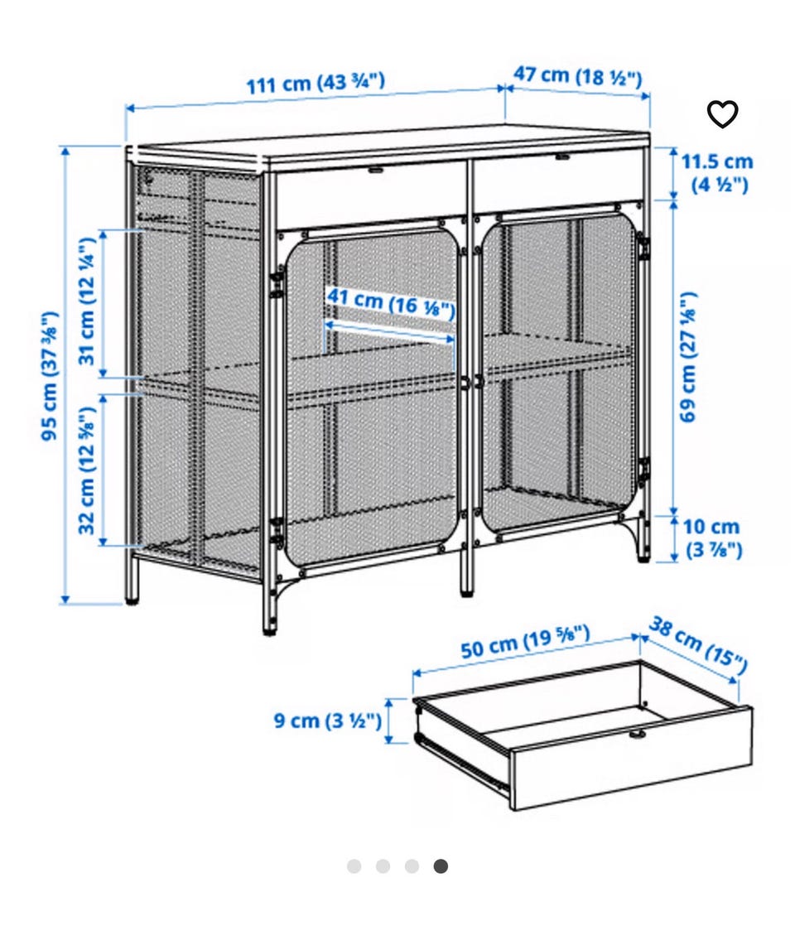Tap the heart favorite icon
tap(722, 114)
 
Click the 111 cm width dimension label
tap(316, 83)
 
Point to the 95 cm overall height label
tap(50, 376)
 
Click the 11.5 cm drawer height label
tap(717, 172)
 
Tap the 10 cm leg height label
tap(711, 537)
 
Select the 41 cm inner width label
tap(391, 302)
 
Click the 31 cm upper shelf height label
tap(87, 301)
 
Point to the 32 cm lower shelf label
tap(87, 470)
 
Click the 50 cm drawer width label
tap(525, 642)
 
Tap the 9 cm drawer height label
tap(327, 721)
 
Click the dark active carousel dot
tap(441, 865)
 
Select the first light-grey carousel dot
tap(354, 865)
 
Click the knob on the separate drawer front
tap(638, 735)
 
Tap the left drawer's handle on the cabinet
tap(375, 169)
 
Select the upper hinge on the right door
tap(643, 248)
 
